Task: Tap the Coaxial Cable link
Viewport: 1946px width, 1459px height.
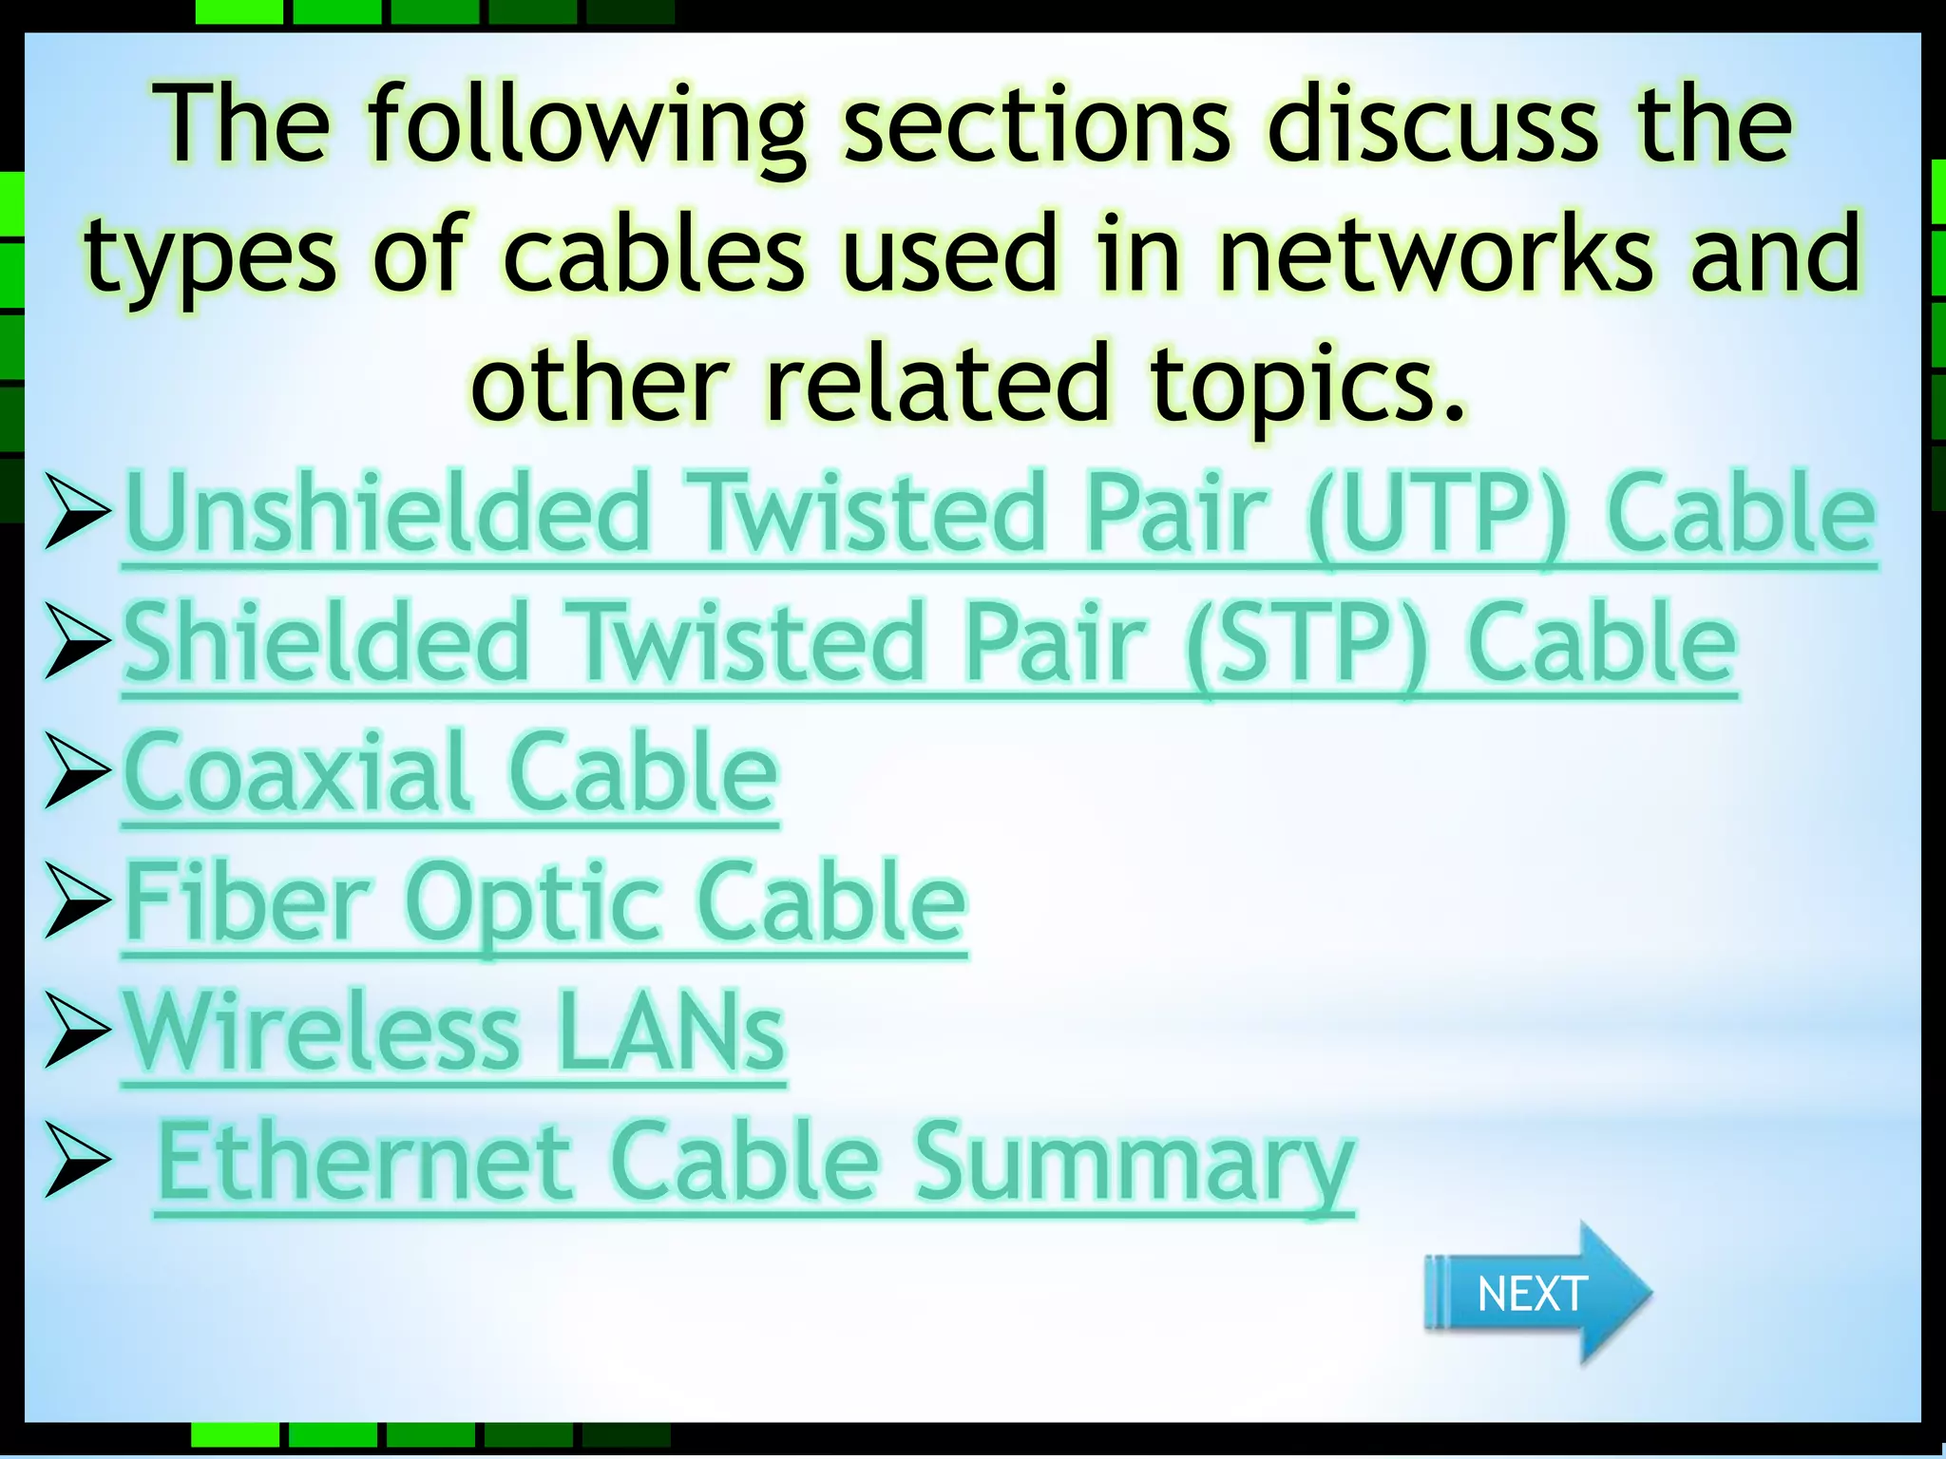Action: (x=450, y=773)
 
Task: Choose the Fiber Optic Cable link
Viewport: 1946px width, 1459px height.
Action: (x=545, y=902)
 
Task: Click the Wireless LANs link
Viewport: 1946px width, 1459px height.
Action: (x=454, y=1033)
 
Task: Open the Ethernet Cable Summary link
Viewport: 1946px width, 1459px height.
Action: (x=754, y=1163)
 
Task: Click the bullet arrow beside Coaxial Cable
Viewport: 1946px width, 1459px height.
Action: (x=77, y=771)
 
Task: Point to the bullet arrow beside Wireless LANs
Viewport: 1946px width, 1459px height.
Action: (x=77, y=1031)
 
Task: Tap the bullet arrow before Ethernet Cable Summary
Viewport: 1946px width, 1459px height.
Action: (x=77, y=1160)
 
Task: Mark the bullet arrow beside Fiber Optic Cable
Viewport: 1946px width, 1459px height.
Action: (x=77, y=900)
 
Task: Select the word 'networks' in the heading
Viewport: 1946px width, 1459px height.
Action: (x=1436, y=255)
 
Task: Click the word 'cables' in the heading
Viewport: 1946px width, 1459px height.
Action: (x=654, y=255)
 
